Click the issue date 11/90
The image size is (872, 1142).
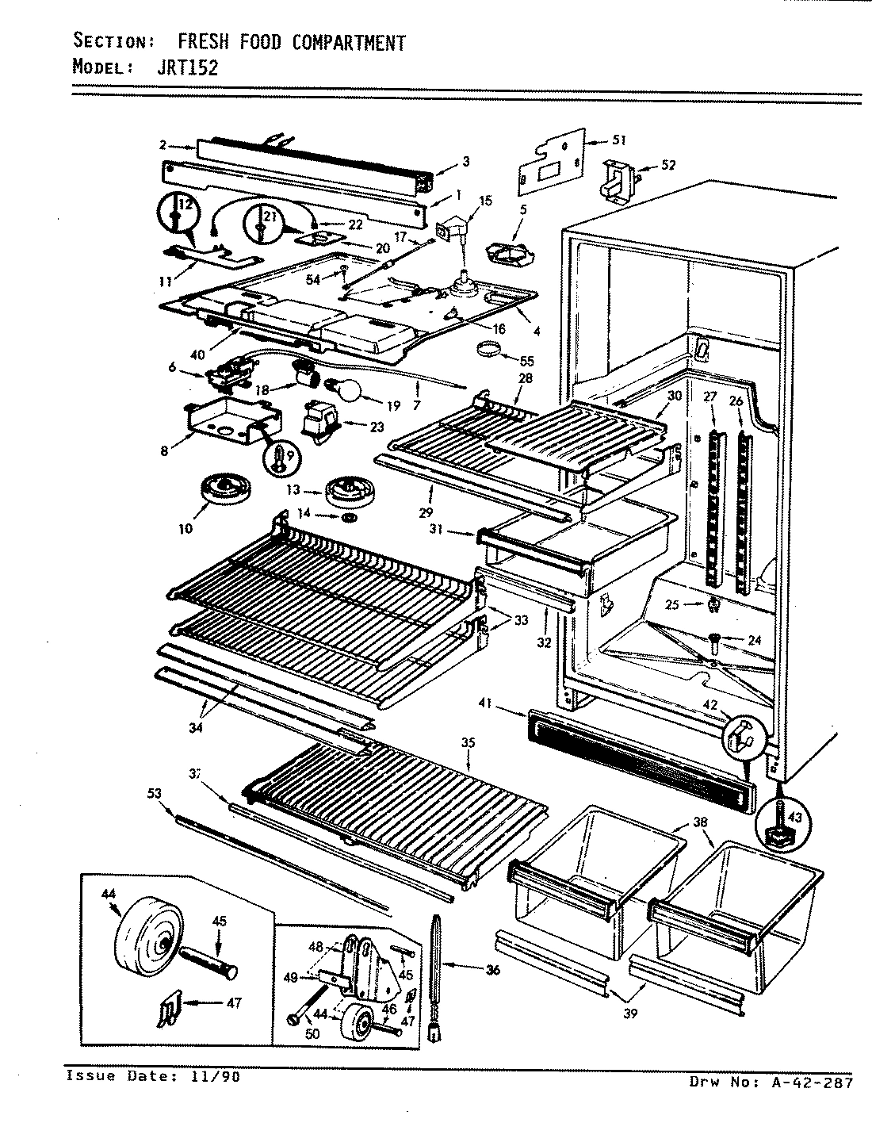(214, 1076)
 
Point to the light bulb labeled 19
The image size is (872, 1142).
(346, 390)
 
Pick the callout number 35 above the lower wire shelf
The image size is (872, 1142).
(468, 742)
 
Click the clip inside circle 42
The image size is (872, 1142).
(738, 734)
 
